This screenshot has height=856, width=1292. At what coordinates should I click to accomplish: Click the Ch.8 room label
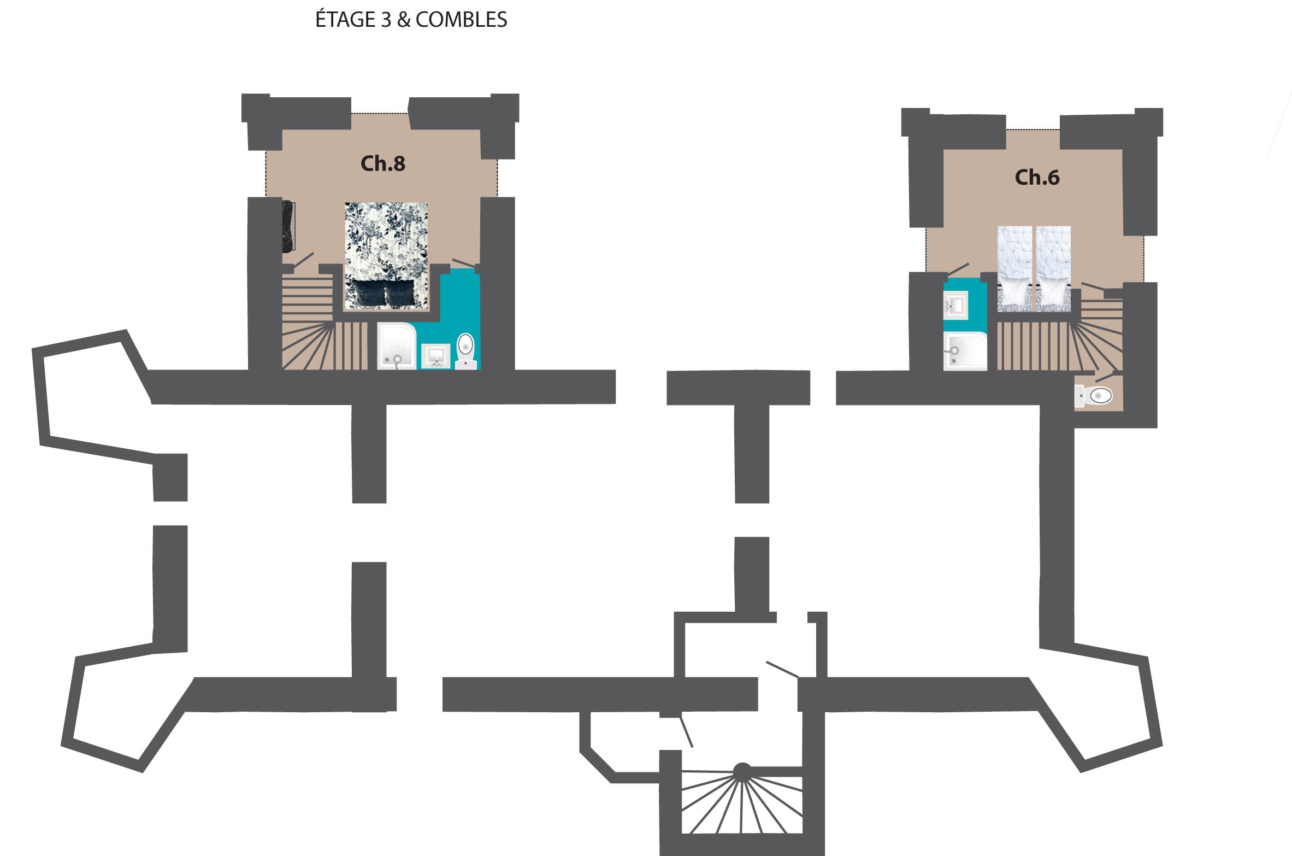383,163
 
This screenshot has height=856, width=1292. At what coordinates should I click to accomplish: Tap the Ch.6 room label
1037,177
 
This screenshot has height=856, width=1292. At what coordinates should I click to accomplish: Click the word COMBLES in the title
461,20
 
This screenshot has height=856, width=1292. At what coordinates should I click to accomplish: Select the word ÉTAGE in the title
346,19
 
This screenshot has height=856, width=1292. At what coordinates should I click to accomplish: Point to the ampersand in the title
403,20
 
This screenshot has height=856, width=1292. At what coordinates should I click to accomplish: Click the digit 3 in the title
386,20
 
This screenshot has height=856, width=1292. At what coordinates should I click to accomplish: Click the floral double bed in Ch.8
386,256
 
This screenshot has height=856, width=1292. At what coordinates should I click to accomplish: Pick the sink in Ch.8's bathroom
436,356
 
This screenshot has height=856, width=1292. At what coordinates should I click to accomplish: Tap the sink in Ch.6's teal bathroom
956,305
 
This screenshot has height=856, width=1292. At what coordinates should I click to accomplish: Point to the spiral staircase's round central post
742,771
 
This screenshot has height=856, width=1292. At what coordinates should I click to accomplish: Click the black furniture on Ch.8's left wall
288,227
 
